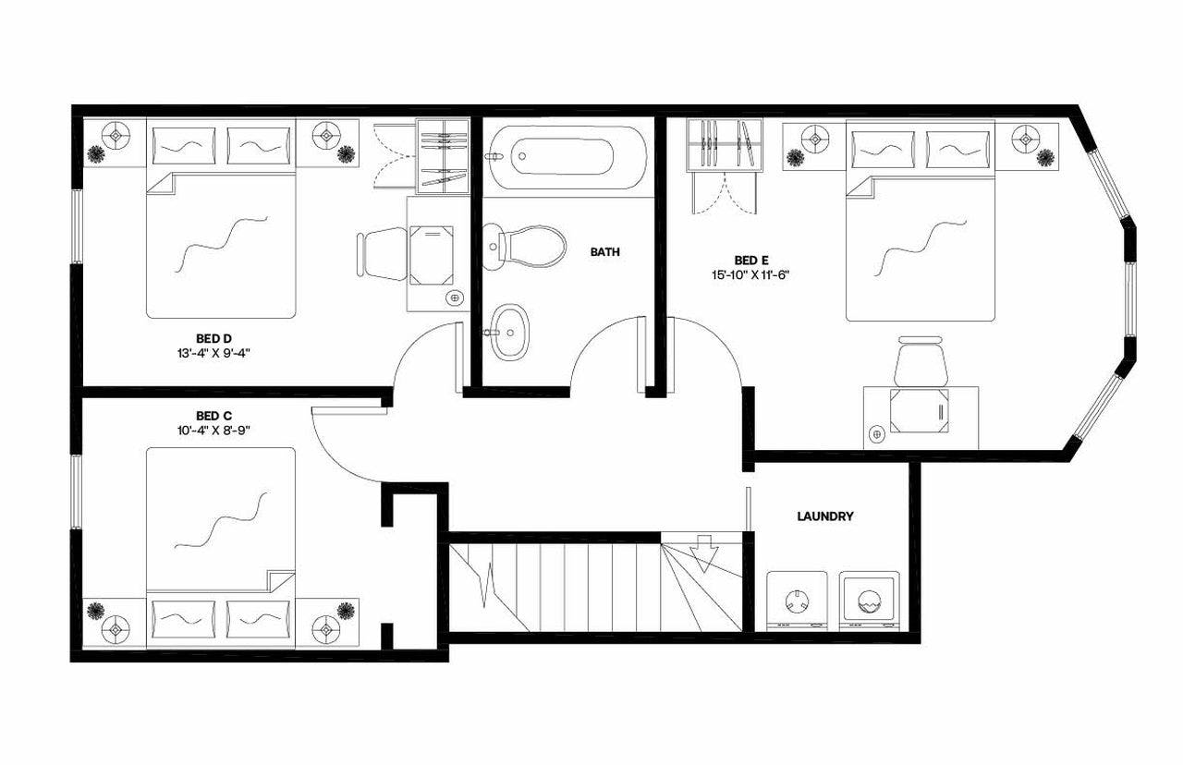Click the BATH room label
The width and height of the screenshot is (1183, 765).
pos(605,251)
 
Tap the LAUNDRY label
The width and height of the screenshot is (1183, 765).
pos(825,516)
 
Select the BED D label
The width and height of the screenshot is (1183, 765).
pos(213,337)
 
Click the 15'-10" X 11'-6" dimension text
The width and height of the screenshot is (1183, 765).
pos(750,274)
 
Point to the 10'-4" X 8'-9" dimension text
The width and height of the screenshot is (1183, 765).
pos(213,430)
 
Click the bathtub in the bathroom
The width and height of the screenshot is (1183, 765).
pos(564,156)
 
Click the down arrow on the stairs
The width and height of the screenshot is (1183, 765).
pos(704,555)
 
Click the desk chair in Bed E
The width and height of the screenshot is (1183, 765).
pos(921,361)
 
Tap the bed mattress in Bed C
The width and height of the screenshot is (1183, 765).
pos(220,517)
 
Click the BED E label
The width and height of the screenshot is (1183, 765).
pos(750,260)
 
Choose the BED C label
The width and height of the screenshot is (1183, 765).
pos(213,415)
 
